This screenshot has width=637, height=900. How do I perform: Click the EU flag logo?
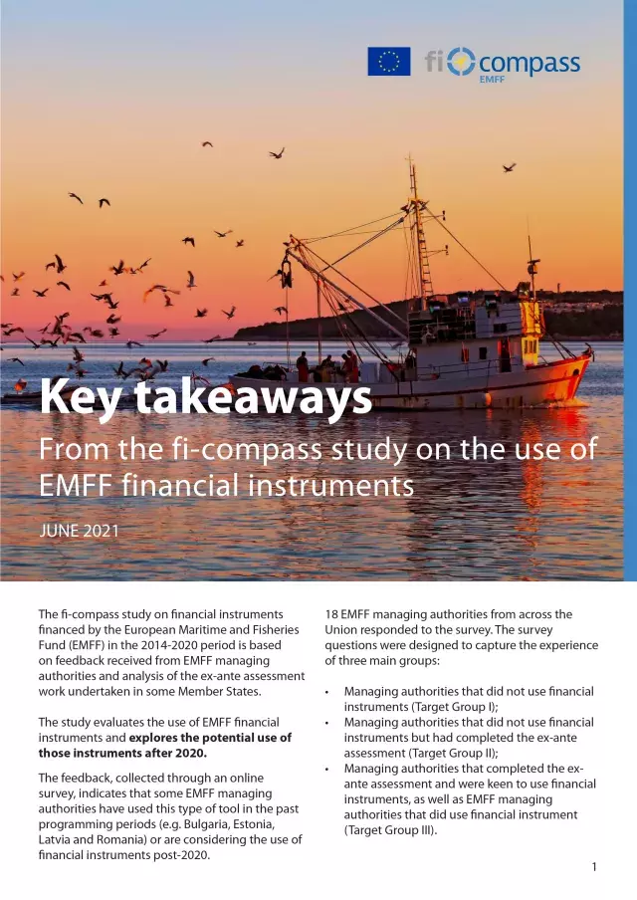coord(388,62)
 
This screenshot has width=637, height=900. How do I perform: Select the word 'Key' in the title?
coord(82,398)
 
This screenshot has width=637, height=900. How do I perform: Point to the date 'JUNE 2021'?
coord(79,531)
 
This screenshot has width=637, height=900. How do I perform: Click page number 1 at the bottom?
coord(594,867)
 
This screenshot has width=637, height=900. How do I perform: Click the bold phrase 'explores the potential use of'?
coord(210,738)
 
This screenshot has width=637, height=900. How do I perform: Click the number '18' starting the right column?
coord(332,614)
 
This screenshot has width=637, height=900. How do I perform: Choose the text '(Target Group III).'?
coord(390,829)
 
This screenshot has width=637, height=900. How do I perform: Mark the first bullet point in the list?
coord(327,691)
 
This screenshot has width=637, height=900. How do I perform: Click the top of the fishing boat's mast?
coord(408,159)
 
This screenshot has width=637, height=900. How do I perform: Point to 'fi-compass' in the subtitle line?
coord(226,449)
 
